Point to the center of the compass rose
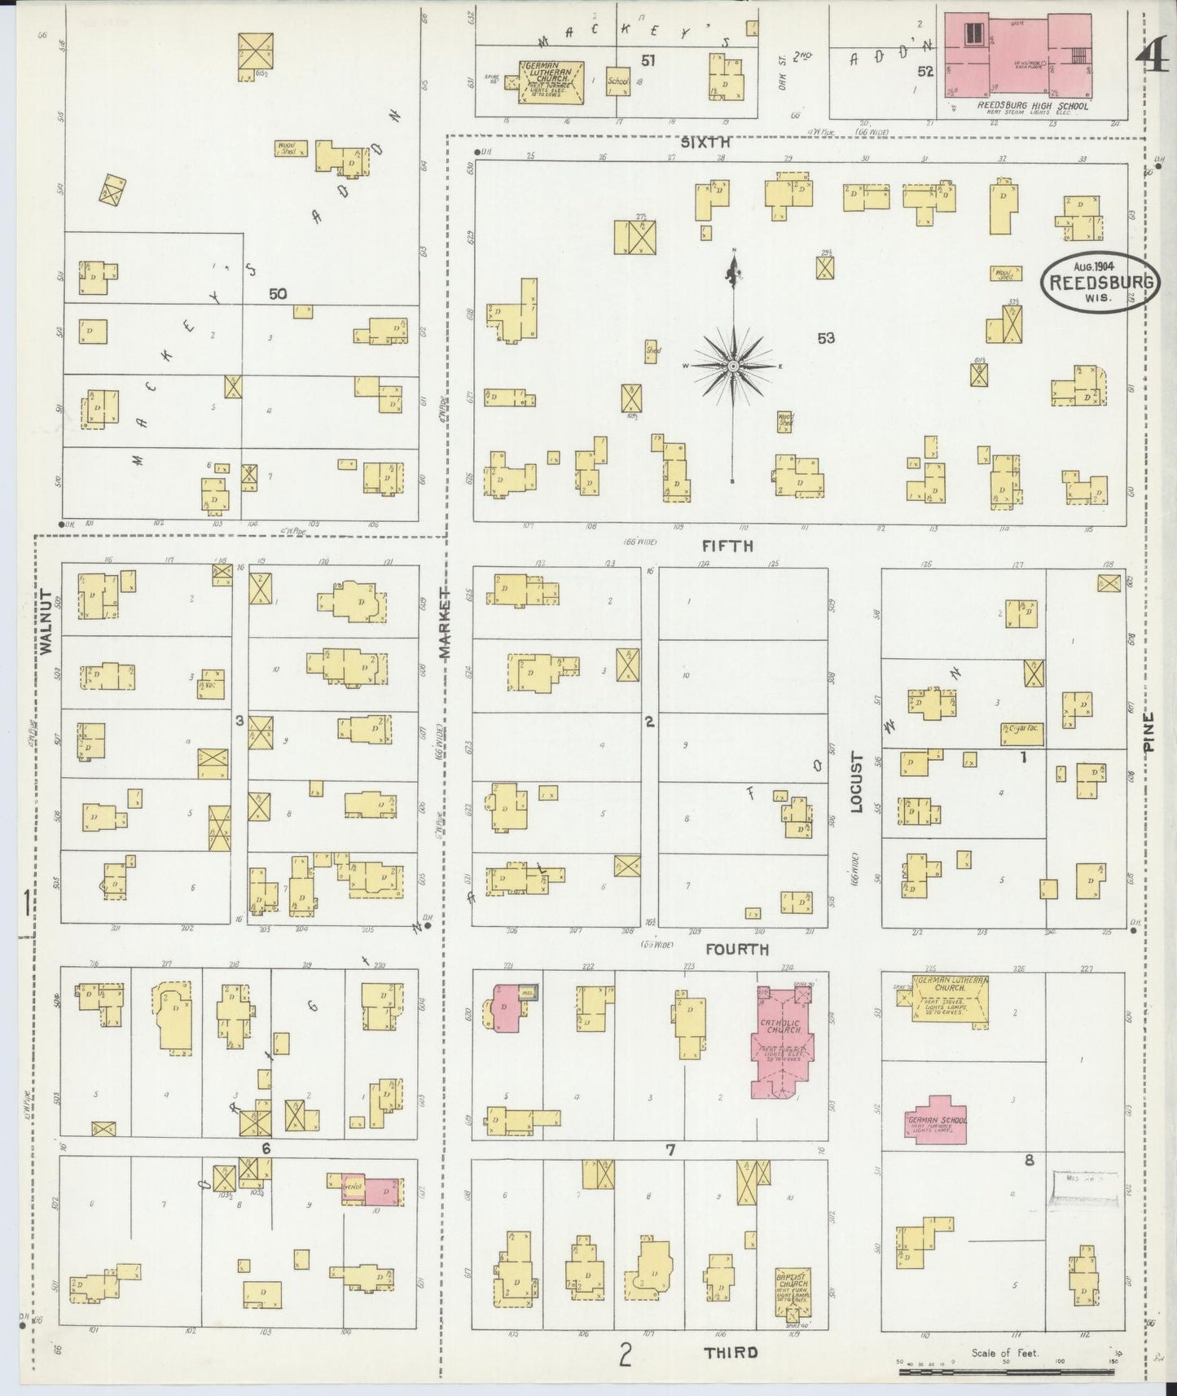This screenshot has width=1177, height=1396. click(x=734, y=367)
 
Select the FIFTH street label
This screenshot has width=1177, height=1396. click(x=727, y=547)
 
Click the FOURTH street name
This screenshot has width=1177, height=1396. click(x=736, y=949)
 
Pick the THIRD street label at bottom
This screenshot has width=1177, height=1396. click(x=731, y=1352)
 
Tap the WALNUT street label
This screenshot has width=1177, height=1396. click(x=46, y=623)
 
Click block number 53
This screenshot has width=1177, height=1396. click(x=826, y=337)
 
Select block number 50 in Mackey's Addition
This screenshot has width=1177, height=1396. click(x=278, y=293)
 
